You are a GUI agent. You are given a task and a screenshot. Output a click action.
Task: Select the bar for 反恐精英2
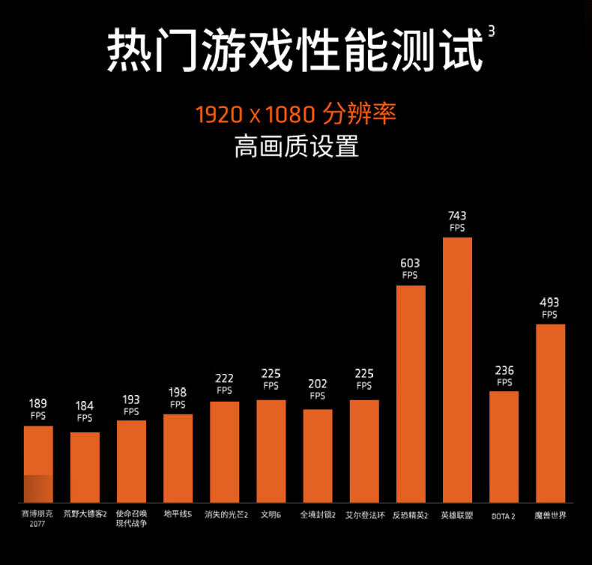(411, 393)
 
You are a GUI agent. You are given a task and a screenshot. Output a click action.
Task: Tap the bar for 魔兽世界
(550, 413)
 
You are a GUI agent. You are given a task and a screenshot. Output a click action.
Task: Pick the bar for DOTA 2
(504, 447)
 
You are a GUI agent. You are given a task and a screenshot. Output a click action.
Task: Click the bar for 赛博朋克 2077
(38, 464)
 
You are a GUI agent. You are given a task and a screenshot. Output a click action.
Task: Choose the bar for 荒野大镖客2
(85, 467)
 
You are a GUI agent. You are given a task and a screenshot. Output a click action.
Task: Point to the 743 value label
(457, 216)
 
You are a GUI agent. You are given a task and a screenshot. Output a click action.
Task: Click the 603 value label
(410, 263)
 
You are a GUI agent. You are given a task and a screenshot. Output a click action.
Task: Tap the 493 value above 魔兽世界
(549, 303)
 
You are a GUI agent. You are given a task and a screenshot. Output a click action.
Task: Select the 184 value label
(85, 406)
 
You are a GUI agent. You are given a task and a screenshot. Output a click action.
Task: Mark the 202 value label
(318, 384)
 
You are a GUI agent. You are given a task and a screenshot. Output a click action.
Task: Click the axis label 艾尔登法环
(364, 515)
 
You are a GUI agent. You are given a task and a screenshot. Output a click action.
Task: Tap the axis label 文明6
(271, 515)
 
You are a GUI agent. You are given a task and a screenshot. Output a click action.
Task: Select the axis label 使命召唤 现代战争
(131, 519)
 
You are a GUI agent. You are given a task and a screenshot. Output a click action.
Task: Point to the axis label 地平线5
(178, 515)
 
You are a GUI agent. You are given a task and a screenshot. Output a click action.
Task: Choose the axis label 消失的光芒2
(226, 515)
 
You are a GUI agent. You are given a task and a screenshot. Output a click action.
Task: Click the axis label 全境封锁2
(318, 515)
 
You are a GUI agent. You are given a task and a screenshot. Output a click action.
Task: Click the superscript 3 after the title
(492, 31)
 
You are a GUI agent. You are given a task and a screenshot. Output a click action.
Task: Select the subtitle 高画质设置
(296, 146)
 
